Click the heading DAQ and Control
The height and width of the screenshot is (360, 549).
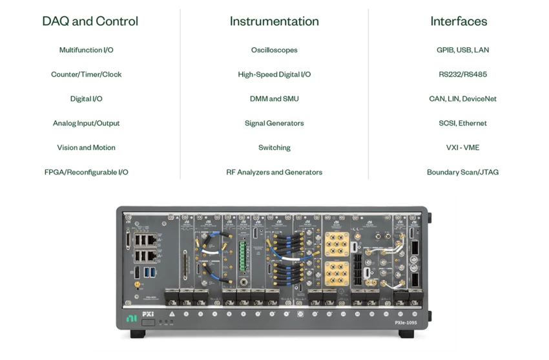(90, 21)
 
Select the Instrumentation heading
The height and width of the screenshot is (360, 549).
(274, 21)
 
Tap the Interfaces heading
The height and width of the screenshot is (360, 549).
(459, 21)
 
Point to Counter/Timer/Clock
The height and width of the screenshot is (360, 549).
(87, 74)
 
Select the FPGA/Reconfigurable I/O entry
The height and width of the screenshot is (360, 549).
(87, 172)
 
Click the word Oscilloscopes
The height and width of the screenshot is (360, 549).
(274, 50)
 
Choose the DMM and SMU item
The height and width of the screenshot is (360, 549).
(274, 99)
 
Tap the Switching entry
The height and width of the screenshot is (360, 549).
(274, 147)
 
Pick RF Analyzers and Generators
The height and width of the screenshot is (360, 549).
(274, 172)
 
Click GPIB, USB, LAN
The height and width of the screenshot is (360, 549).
(463, 50)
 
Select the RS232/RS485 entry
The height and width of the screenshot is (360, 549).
(463, 74)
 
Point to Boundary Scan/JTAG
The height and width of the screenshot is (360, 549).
(463, 172)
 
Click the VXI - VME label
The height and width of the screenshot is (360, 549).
(463, 147)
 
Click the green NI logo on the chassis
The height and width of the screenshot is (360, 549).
(131, 319)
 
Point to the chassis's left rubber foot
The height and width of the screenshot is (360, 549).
(138, 334)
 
